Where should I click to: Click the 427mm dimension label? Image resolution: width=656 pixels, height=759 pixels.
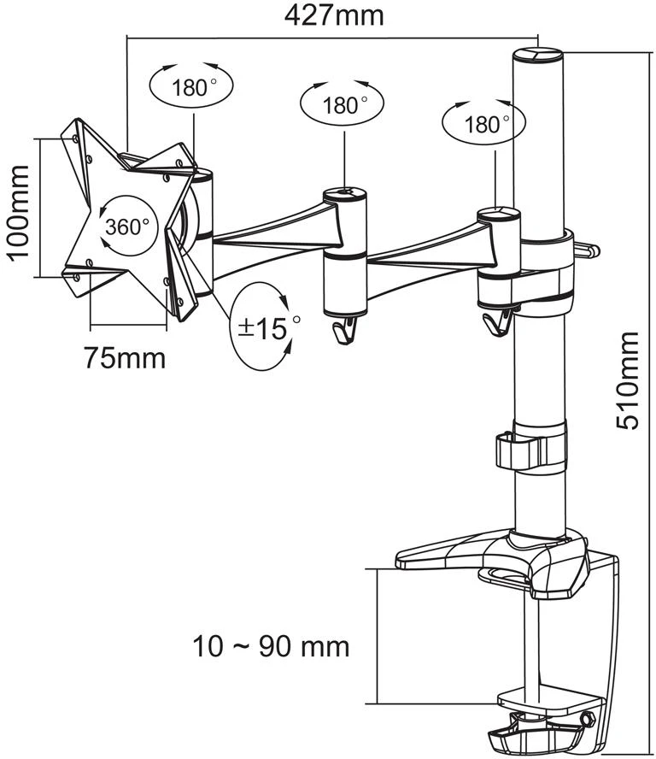tap(334, 15)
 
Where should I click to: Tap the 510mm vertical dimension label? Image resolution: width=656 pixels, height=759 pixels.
tap(628, 381)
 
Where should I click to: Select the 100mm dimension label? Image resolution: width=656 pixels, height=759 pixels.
tap(18, 213)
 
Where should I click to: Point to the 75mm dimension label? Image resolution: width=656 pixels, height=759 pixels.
tap(125, 358)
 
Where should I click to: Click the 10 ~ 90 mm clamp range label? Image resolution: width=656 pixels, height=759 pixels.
tap(271, 646)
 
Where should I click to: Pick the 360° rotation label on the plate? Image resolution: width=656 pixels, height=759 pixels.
tap(127, 227)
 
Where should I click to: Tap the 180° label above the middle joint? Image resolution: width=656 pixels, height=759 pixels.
tap(344, 105)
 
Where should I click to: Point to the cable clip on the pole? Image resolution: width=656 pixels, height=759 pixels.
tap(530, 448)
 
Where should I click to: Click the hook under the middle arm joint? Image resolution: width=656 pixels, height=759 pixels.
tap(345, 330)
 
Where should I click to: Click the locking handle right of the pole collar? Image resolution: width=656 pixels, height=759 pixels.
tap(587, 249)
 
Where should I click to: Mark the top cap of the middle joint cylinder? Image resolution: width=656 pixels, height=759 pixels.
tap(344, 195)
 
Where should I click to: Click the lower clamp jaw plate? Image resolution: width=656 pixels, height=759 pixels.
tap(551, 697)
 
